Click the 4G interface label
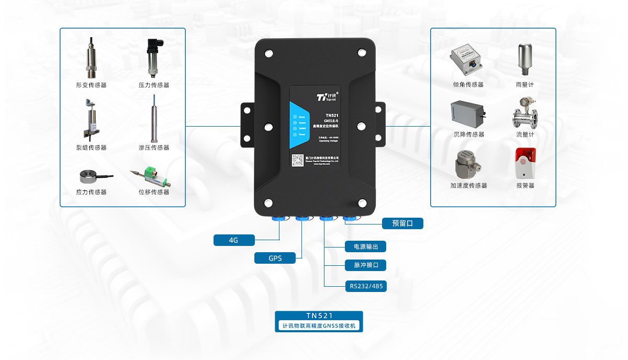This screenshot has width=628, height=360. tap(234, 240)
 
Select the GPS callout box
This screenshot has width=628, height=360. tap(275, 258)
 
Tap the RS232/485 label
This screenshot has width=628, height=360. tap(366, 286)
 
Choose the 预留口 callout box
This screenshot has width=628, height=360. tap(402, 223)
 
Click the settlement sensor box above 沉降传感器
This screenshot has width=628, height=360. tap(468, 113)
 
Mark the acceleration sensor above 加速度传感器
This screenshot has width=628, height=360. tap(467, 164)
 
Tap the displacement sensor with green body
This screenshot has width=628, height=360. tap(153, 175)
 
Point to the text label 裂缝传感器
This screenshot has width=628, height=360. tap(91, 148)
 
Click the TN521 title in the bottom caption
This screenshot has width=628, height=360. tap(319, 316)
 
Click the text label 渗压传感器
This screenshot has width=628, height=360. tap(154, 148)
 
